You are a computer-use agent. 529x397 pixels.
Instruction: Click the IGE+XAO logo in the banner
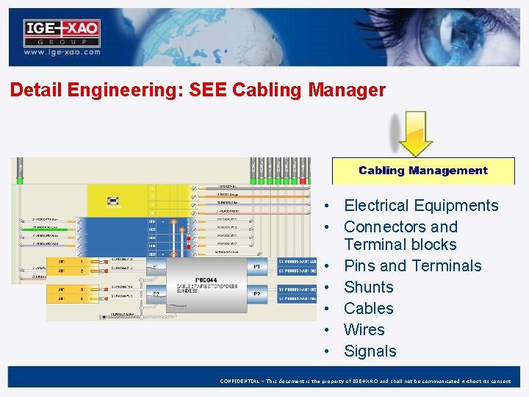pos(62,33)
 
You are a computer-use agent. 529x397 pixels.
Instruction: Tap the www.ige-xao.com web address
pos(62,53)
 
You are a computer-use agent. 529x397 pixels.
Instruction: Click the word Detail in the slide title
pos(36,90)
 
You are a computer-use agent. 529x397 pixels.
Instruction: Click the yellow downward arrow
pos(416,133)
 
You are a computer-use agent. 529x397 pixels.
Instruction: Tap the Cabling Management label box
pos(422,171)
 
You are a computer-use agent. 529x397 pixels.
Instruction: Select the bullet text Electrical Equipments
pos(421,206)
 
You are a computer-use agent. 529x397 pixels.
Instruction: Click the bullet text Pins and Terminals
pos(412,266)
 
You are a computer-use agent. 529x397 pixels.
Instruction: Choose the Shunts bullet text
pos(368,287)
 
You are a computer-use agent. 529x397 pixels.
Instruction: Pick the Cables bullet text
pos(368,309)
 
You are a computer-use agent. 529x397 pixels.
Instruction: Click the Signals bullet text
pos(370,351)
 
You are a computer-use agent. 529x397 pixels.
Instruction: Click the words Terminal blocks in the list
pos(400,245)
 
